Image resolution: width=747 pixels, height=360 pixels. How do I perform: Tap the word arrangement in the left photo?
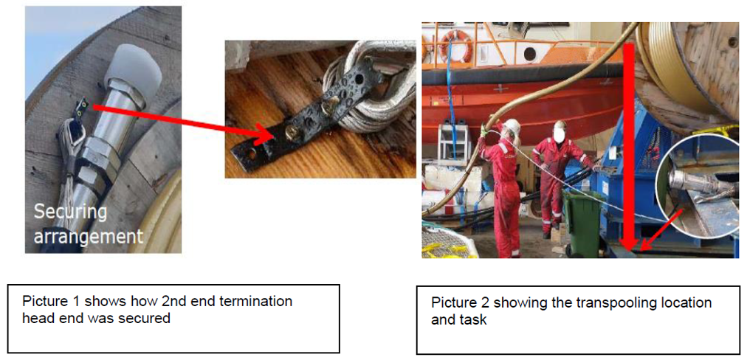87,235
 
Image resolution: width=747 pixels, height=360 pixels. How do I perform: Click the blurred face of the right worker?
559,131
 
